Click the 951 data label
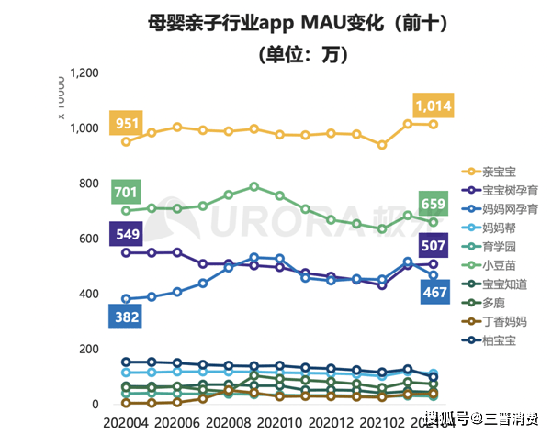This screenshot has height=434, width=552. pyautogui.click(x=126, y=123)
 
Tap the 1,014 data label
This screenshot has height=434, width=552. pyautogui.click(x=433, y=106)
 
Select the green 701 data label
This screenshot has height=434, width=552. pyautogui.click(x=126, y=192)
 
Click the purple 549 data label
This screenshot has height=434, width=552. pyautogui.click(x=126, y=233)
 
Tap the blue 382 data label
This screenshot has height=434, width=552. pyautogui.click(x=126, y=317)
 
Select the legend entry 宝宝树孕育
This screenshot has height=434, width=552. pyautogui.click(x=501, y=190)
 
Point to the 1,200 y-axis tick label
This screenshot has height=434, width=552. pyautogui.click(x=84, y=72)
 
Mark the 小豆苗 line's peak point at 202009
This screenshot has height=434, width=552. pyautogui.click(x=254, y=186)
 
